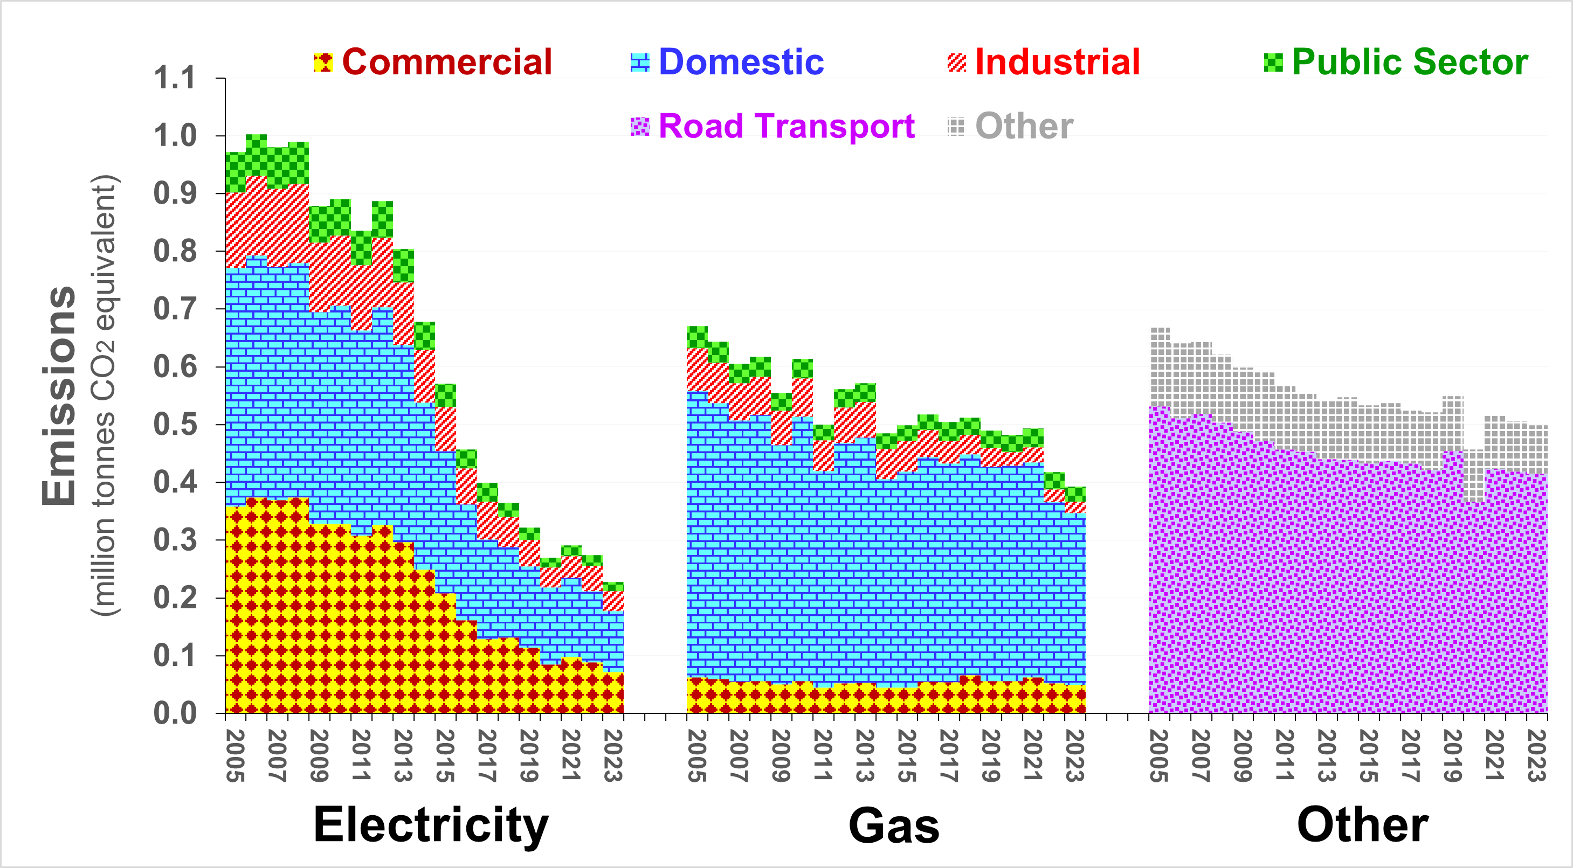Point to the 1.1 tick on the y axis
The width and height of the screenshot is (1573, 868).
point(175,78)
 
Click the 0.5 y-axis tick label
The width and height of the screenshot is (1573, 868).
point(175,425)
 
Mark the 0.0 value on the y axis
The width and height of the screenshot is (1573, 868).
point(175,713)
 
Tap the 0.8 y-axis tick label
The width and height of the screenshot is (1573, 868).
point(175,252)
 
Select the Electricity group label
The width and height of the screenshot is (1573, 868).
point(431,825)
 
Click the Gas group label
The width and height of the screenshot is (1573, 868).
point(894,826)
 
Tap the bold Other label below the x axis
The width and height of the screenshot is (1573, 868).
point(1362,825)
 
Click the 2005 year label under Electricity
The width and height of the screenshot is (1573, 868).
point(235,756)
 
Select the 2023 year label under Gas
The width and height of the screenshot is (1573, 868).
point(1075,756)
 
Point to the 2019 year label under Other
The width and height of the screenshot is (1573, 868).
point(1452,756)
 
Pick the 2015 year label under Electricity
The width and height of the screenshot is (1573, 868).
point(445,756)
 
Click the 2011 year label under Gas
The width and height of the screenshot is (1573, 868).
point(823,756)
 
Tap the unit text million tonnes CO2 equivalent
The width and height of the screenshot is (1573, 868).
point(104,395)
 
